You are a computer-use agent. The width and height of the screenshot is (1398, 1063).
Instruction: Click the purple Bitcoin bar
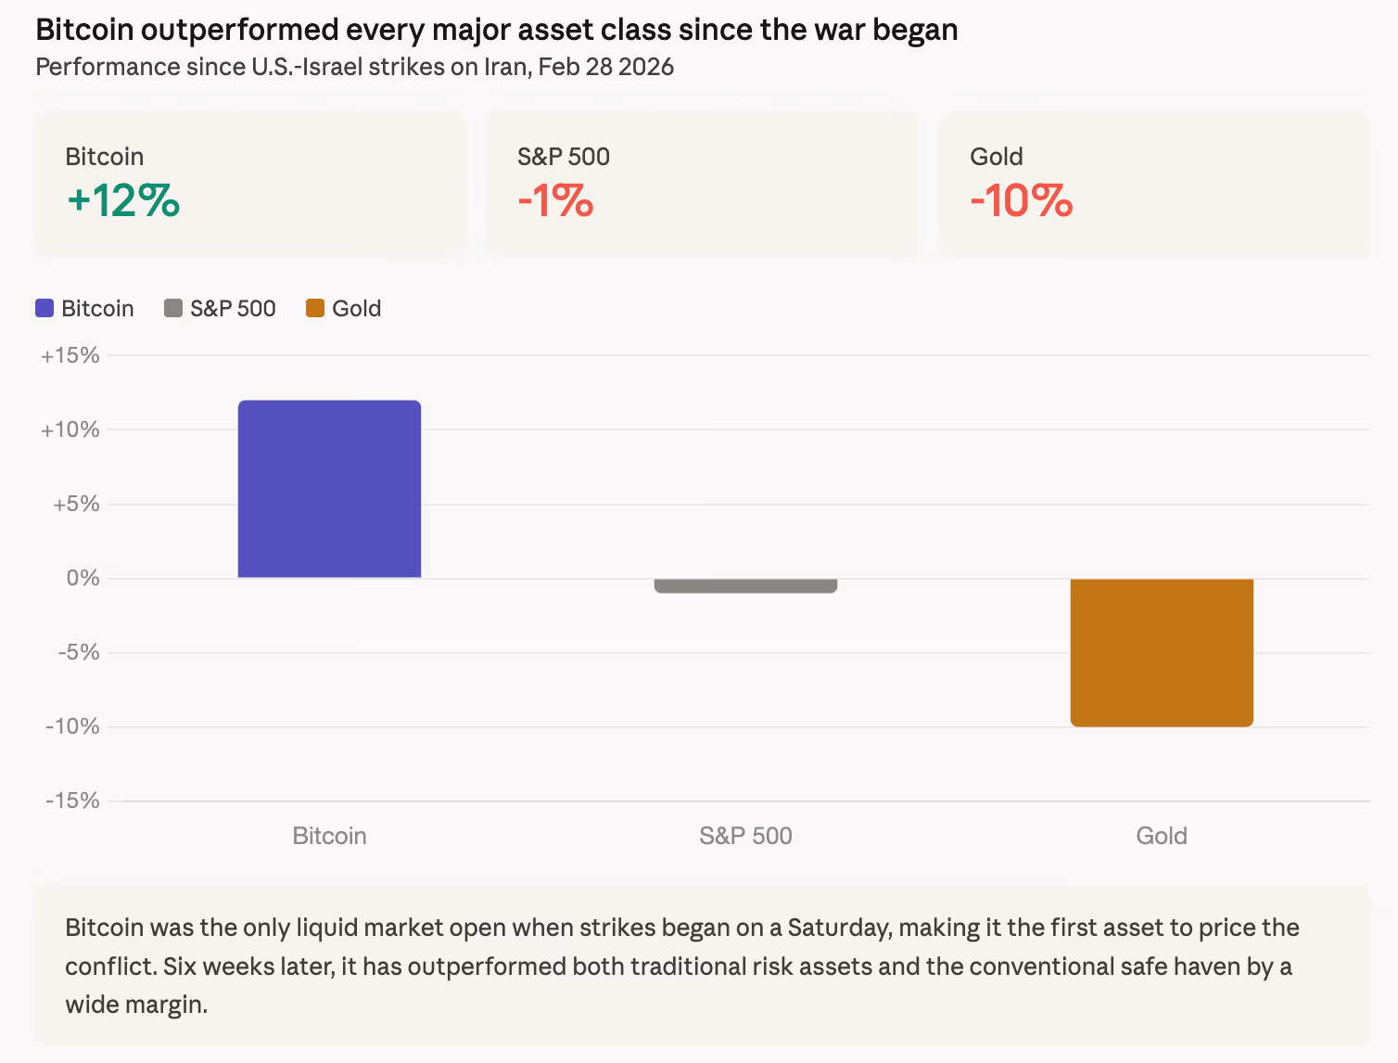[x=329, y=489]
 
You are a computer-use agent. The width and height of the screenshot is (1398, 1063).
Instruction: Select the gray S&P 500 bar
[x=745, y=585]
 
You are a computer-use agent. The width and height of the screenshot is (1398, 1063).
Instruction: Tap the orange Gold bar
[x=1162, y=652]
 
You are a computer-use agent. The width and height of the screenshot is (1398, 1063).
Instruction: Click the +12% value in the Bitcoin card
[x=123, y=200]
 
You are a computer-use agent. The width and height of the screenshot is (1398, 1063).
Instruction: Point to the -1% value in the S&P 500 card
[x=555, y=200]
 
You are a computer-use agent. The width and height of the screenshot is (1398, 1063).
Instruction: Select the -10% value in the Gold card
[x=1021, y=200]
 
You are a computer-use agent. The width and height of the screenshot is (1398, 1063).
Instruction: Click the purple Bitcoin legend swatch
[x=44, y=308]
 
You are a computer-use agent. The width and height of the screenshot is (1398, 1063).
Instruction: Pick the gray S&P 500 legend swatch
[x=173, y=308]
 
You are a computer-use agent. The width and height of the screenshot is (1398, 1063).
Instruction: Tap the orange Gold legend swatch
[x=315, y=308]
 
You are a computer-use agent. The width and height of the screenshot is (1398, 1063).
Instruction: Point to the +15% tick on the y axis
[x=70, y=355]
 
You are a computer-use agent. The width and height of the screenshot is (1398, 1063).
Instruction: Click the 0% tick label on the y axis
[x=83, y=578]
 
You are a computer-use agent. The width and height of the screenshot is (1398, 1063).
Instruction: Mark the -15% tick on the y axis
[x=72, y=800]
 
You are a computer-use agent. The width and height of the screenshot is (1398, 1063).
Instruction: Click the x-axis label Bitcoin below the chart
[x=329, y=836]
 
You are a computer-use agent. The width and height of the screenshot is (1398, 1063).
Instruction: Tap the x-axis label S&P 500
[x=745, y=836]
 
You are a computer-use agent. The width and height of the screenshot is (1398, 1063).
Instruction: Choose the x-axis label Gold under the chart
[x=1162, y=836]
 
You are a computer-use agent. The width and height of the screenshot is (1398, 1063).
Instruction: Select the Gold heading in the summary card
[x=996, y=157]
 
